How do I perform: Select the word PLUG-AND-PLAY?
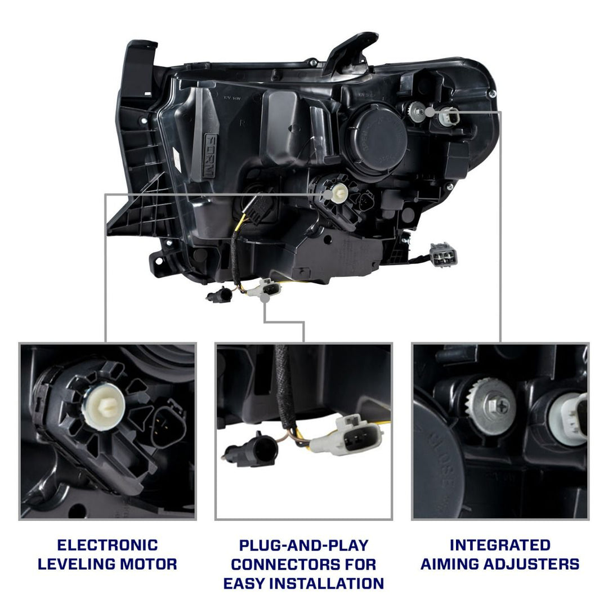[303, 545]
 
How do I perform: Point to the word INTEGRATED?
[500, 545]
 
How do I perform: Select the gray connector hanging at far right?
[443, 254]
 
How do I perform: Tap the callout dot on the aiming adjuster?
[431, 111]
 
